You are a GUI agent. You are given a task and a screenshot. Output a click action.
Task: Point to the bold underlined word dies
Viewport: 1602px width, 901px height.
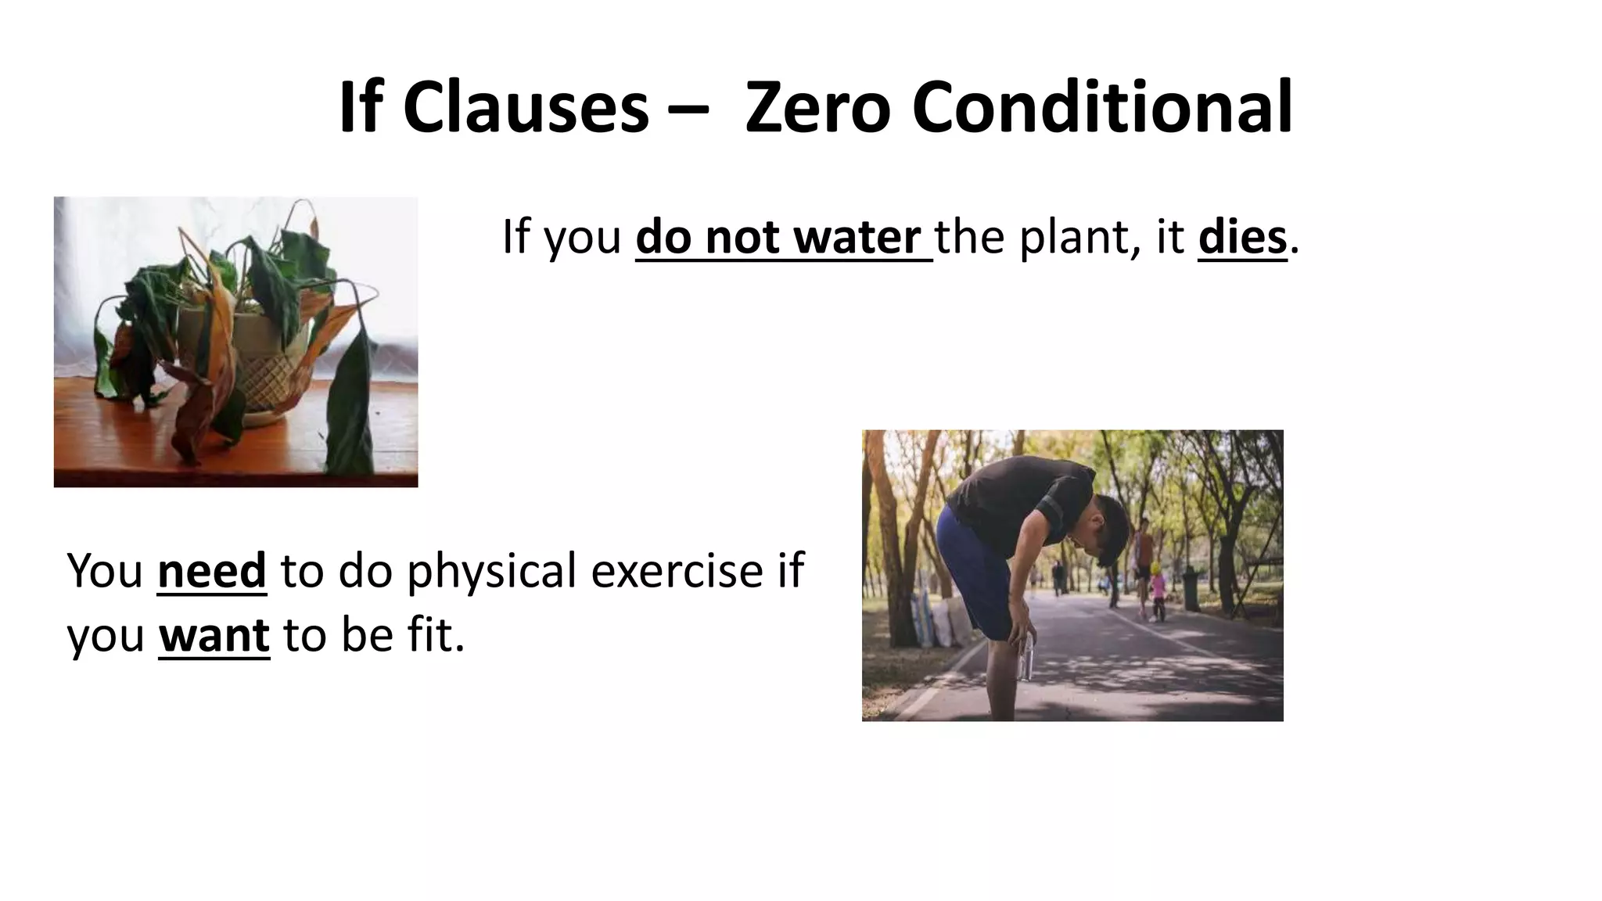point(1242,237)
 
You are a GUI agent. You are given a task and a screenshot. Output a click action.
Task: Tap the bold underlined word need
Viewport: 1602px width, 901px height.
point(212,571)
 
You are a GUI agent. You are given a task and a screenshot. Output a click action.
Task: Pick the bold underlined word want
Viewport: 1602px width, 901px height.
point(214,635)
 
